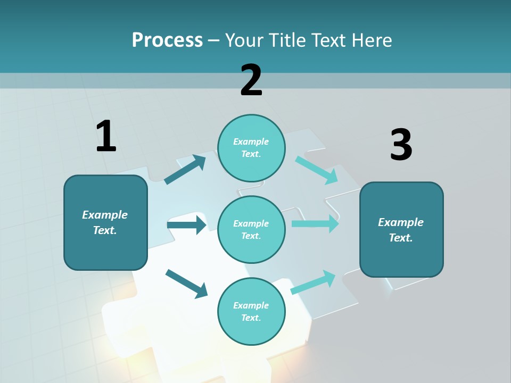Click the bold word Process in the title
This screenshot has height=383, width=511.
[x=167, y=40]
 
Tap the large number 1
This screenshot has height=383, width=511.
[x=106, y=136]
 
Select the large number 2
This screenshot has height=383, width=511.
[x=251, y=80]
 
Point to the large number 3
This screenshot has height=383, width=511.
[x=401, y=145]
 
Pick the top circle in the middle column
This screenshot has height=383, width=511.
[x=251, y=148]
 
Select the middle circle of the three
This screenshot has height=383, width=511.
[x=251, y=229]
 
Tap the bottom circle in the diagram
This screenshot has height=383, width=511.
[x=251, y=311]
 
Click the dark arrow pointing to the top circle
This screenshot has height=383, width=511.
[x=185, y=170]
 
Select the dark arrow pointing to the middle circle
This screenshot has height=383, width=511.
[x=186, y=225]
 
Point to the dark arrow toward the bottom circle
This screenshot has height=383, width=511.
[x=186, y=284]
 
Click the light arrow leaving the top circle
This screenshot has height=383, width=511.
[x=317, y=170]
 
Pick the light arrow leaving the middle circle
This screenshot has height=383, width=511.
[x=315, y=223]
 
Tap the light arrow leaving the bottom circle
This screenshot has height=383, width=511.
[x=313, y=282]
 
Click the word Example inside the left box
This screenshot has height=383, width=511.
[x=105, y=215]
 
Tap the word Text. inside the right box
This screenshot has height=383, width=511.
[x=401, y=238]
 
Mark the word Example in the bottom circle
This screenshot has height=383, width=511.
[x=251, y=305]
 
